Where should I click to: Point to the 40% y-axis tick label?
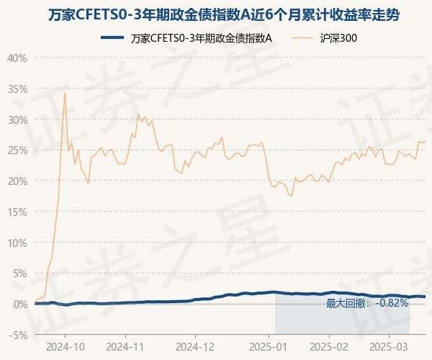coord(17,58)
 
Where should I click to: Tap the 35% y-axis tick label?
coord(17,89)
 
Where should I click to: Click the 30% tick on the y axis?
coord(17,120)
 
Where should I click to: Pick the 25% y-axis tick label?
coord(17,150)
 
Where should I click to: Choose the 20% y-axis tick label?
coord(17,181)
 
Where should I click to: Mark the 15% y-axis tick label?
coord(17,212)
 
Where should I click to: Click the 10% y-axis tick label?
coord(17,243)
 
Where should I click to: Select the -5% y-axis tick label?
coord(17,335)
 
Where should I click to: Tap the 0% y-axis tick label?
coord(20,304)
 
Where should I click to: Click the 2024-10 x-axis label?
coord(65,346)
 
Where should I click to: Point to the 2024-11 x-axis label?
coord(125,346)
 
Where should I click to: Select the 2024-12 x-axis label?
coord(195,346)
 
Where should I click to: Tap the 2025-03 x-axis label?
coord(389,346)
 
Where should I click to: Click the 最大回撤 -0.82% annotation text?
coord(367,303)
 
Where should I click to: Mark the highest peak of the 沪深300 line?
coord(65,93)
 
